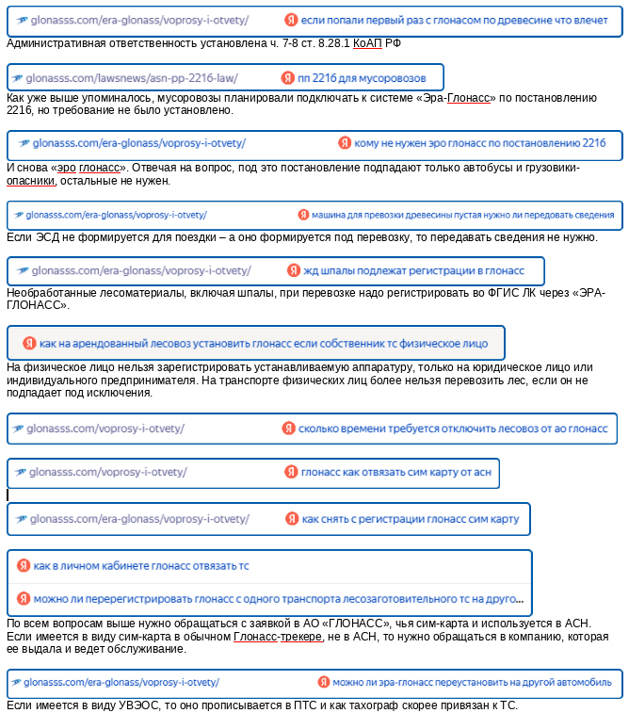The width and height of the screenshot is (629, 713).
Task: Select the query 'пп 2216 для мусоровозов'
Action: (x=361, y=77)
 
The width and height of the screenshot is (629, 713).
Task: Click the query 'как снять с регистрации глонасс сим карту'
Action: (x=410, y=519)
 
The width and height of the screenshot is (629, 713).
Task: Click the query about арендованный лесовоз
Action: (x=263, y=344)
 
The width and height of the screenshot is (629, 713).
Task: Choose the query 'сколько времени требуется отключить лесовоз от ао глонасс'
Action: (x=453, y=429)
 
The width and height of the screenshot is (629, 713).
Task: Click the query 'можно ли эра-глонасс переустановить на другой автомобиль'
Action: (x=472, y=682)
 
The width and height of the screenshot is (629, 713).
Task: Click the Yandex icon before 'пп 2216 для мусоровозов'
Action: (x=287, y=77)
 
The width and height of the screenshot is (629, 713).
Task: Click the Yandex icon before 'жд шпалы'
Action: (x=294, y=271)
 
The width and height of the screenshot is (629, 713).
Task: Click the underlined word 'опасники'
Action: (x=32, y=180)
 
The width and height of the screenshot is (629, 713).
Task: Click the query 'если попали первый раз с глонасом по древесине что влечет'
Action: (x=460, y=20)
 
